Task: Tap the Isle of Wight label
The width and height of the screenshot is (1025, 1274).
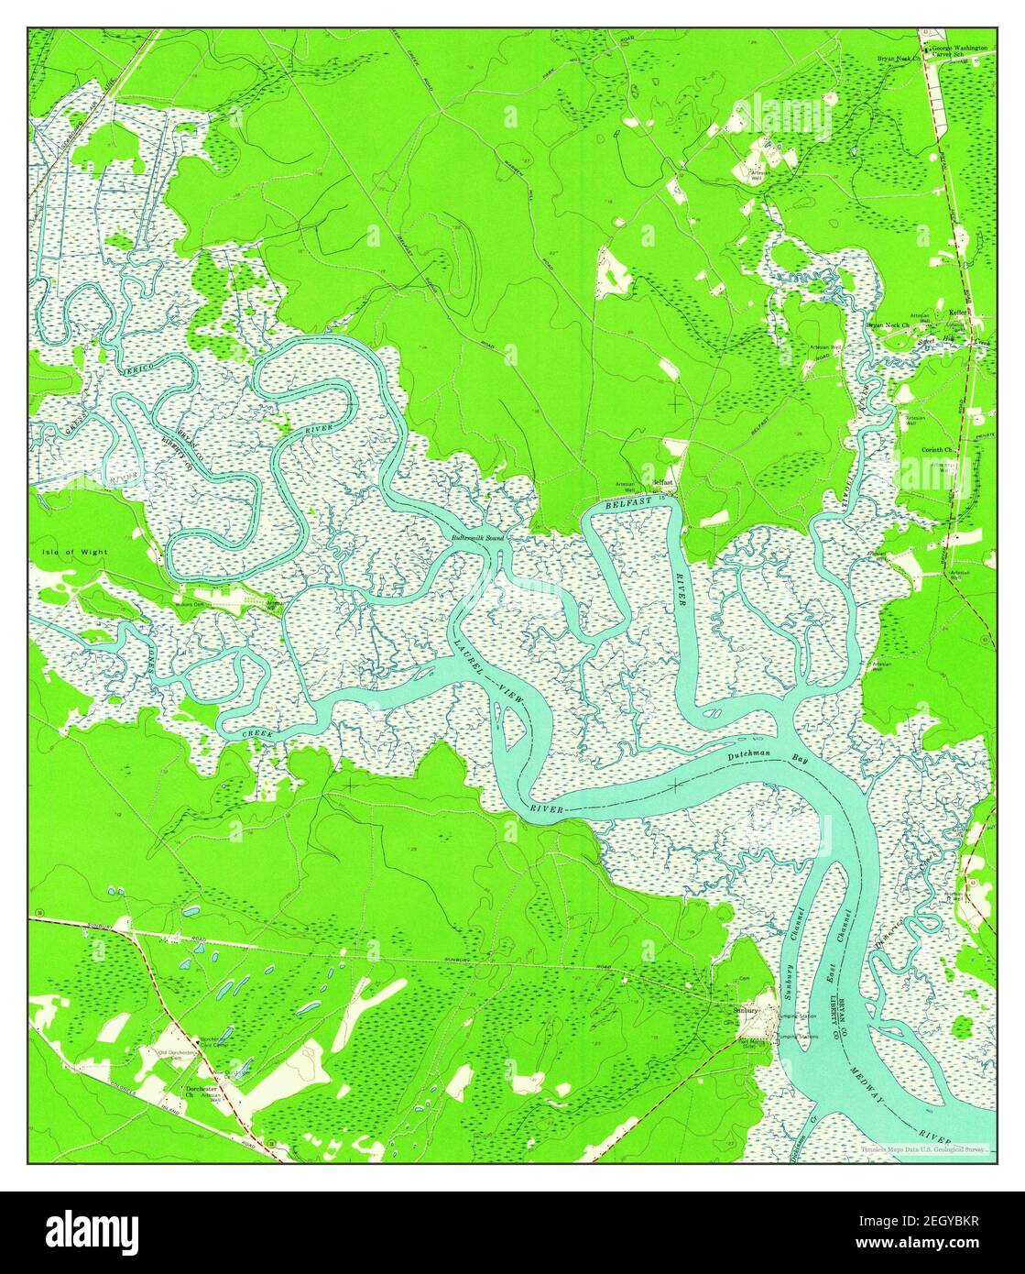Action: tap(74, 553)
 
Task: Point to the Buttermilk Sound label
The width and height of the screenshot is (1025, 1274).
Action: tap(476, 537)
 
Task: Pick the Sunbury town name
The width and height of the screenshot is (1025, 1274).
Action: tap(747, 1009)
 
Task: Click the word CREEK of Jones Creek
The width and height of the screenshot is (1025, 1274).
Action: tap(257, 735)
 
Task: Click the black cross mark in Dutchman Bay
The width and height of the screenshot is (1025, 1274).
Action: tap(676, 785)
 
